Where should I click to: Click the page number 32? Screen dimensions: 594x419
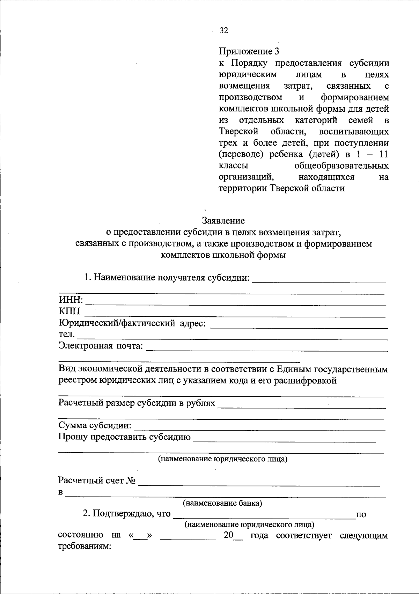pyautogui.click(x=224, y=31)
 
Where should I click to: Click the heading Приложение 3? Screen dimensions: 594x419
pyautogui.click(x=249, y=52)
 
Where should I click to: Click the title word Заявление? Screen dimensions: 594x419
pyautogui.click(x=223, y=221)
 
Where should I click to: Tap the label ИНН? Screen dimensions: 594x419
pyautogui.click(x=71, y=300)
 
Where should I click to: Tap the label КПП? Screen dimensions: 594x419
pyautogui.click(x=69, y=311)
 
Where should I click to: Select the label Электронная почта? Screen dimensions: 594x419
pyautogui.click(x=101, y=346)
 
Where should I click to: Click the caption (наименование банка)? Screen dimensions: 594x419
pyautogui.click(x=223, y=503)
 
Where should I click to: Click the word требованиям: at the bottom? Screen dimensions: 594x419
pyautogui.click(x=84, y=547)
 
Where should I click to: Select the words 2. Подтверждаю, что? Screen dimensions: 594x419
pyautogui.click(x=127, y=514)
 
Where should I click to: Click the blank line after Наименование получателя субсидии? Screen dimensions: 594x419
pyautogui.click(x=318, y=279)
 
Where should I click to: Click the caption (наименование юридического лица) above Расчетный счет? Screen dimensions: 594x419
pyautogui.click(x=223, y=459)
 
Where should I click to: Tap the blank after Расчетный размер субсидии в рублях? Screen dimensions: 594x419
pyautogui.click(x=301, y=405)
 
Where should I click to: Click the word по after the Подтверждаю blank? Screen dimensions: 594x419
pyautogui.click(x=361, y=514)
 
